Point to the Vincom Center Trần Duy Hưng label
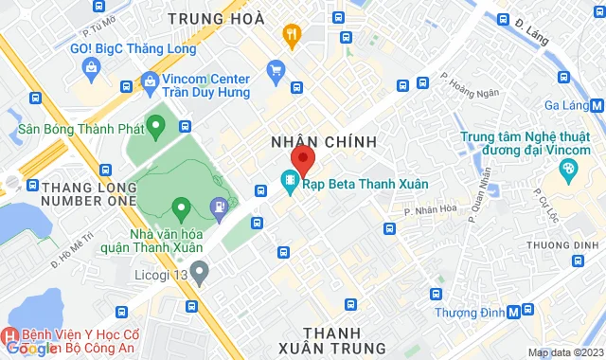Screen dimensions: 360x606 (x=205, y=86)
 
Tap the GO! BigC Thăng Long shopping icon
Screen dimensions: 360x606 (x=90, y=66)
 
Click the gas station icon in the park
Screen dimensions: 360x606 (x=219, y=205)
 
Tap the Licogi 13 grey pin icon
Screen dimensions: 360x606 (x=198, y=274)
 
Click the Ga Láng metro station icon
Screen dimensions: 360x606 (x=597, y=106)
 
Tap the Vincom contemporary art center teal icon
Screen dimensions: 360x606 (x=568, y=171)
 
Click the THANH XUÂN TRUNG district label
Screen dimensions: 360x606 (x=333, y=339)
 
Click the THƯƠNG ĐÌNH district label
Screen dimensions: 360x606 (x=559, y=244)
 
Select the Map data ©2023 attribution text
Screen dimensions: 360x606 (x=565, y=353)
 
